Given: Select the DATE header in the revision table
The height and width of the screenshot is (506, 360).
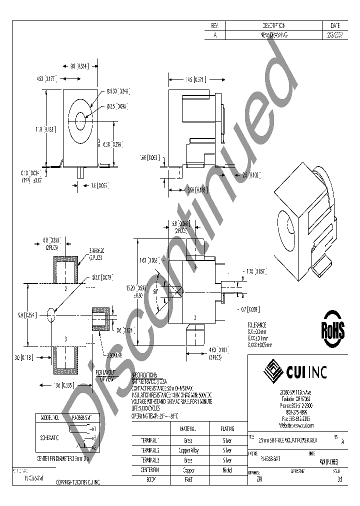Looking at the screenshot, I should pos(335,25).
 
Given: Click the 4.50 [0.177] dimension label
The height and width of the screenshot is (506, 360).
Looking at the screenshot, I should pos(46,78).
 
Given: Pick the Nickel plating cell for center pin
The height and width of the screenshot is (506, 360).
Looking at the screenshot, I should pos(227,470).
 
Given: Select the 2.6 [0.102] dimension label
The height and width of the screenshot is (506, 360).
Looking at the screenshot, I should pos(252,175).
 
